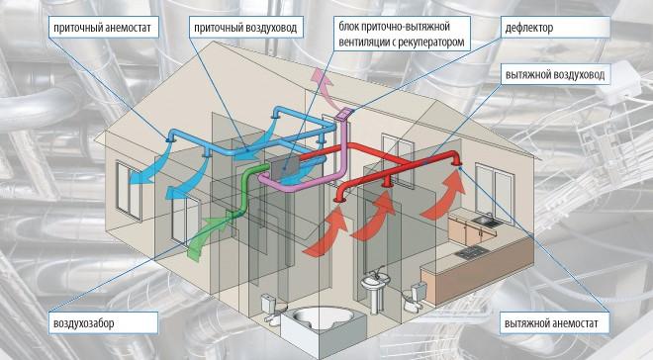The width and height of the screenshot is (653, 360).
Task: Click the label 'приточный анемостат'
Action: (x=102, y=28)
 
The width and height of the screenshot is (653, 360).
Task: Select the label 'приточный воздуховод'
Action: (x=245, y=28)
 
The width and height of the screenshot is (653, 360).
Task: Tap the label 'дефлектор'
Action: (x=529, y=28)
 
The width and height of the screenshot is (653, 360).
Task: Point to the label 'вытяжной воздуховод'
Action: (x=555, y=75)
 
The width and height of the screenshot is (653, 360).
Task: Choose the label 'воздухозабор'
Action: (x=84, y=323)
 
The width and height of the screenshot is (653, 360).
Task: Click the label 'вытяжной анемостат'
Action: (x=551, y=323)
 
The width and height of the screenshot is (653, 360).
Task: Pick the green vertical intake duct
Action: (x=246, y=192)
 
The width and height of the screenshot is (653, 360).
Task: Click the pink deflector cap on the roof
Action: (x=345, y=114)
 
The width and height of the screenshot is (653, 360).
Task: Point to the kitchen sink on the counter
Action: (x=488, y=221)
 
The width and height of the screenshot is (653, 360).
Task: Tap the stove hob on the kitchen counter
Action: (x=470, y=251)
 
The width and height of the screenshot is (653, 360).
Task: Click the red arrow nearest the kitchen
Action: (x=445, y=195)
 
